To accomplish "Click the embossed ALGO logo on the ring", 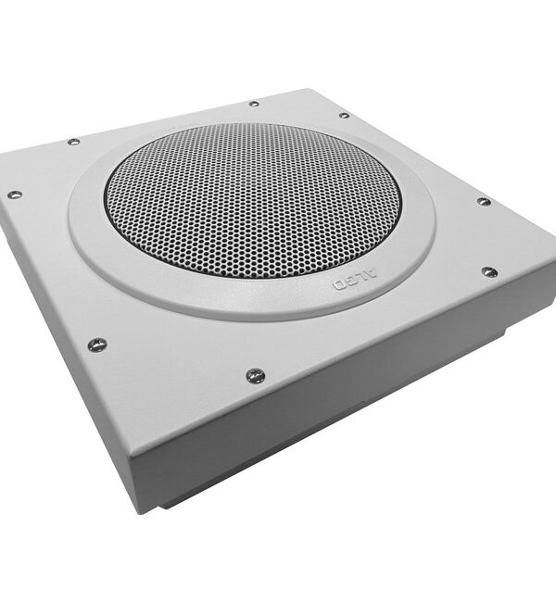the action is [x=355, y=280].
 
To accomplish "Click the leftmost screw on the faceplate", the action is [x=15, y=194].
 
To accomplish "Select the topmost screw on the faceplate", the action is [x=254, y=104].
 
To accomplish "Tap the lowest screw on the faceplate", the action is [x=255, y=375].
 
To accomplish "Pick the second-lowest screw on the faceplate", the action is [x=97, y=345].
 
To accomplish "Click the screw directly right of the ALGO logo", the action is [x=489, y=271].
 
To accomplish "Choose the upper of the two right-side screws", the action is [x=484, y=201].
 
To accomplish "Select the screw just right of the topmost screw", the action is [x=344, y=115].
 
